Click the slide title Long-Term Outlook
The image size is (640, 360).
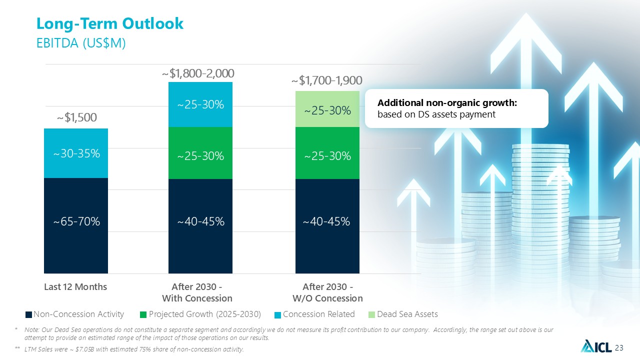pos(110,23)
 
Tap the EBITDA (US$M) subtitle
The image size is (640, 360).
pos(81,43)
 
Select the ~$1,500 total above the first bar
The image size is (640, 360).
pos(77,117)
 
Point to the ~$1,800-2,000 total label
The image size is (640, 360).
pos(198,73)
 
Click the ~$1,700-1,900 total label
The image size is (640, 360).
pos(327,80)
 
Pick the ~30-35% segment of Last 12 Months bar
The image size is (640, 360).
pos(76,153)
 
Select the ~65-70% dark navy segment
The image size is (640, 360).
pos(76,225)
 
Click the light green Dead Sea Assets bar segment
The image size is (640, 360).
pos(327,109)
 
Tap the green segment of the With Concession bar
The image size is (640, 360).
pos(200,153)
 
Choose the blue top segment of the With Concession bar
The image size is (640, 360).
pos(200,104)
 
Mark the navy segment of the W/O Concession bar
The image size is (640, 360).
pos(327,226)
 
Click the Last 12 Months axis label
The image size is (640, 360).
pos(75,287)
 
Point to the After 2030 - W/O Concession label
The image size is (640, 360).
pos(327,292)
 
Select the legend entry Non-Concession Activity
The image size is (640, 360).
pos(75,314)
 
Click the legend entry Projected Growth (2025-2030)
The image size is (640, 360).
pos(200,314)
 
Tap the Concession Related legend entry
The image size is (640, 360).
pos(314,314)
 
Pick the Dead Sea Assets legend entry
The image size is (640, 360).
pos(403,314)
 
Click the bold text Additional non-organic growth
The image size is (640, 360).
pos(447,103)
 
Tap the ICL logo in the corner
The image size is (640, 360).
pos(596,346)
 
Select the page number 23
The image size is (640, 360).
pos(619,348)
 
